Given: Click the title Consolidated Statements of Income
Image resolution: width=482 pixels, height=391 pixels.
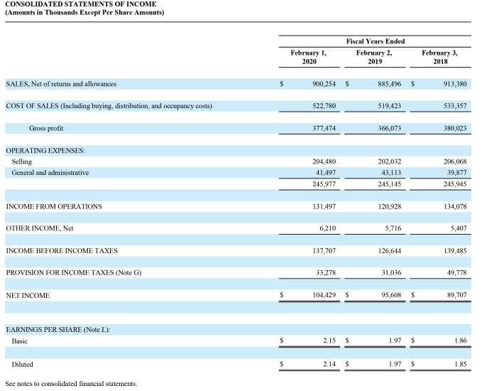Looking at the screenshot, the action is point(71,4).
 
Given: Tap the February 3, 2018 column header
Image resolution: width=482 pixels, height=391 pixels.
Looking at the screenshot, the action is point(439,58).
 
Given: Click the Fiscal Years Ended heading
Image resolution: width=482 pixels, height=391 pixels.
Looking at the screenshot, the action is point(376,41).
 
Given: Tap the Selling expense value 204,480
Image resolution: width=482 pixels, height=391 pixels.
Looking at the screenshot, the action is point(324,162).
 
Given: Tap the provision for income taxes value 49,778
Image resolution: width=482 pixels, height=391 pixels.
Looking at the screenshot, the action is point(454,273).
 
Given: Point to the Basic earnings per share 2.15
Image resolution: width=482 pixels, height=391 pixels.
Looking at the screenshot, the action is point(328,342).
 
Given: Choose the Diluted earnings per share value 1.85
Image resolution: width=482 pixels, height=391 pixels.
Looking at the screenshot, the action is point(458,365).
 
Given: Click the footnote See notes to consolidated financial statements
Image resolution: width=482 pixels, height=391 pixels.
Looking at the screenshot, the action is point(70,384).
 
